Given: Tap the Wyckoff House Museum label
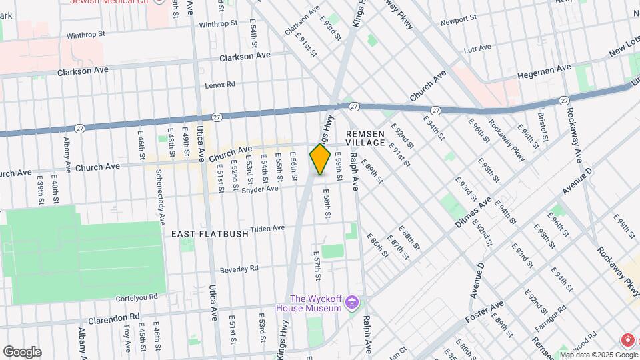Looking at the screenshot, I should (x=316, y=303).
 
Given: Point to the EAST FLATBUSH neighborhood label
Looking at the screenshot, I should (x=209, y=234).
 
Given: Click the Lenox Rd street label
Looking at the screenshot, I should (x=220, y=85).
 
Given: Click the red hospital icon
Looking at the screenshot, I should (x=627, y=341).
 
